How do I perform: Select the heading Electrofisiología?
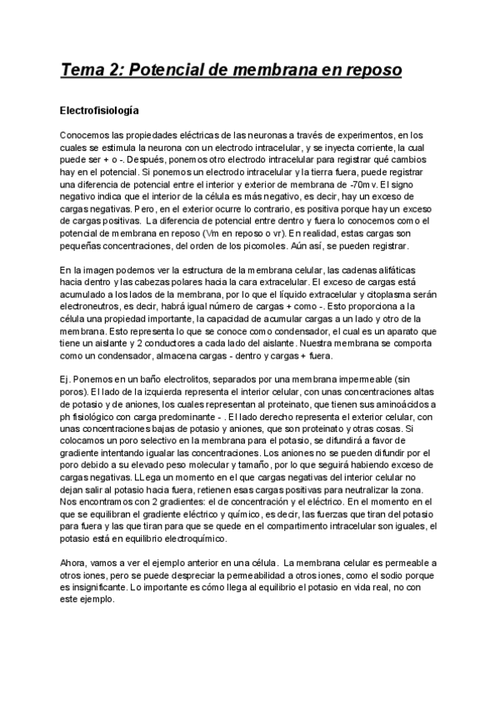[x=99, y=110]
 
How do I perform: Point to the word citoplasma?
[x=374, y=294]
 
